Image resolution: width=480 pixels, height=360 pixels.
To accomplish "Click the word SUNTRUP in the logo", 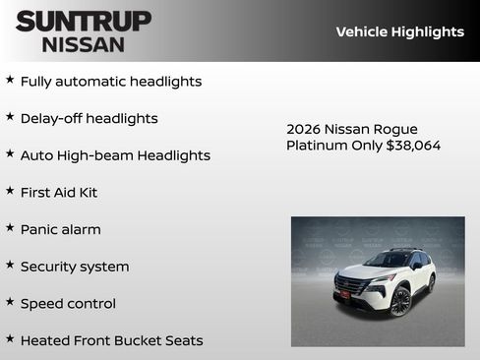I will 84,21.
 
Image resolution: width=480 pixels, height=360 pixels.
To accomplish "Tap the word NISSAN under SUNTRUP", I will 84,44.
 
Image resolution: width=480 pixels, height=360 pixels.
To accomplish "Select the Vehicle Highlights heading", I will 399,32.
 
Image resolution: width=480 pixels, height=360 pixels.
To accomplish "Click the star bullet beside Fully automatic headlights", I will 10,80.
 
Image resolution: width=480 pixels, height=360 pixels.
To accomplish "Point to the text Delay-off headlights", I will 89,119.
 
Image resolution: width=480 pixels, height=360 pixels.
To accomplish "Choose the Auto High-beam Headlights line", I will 115,155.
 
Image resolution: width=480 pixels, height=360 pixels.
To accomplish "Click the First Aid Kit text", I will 59,193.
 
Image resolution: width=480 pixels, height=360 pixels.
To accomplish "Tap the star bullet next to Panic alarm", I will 10,227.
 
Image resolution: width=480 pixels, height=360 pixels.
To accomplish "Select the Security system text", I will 75,267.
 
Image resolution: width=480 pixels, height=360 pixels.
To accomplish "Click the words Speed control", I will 68,304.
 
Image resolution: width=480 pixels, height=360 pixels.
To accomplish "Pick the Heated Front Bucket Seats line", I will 111,341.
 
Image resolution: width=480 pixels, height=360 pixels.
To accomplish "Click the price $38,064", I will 413,146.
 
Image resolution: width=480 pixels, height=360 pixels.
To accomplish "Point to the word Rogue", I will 396,130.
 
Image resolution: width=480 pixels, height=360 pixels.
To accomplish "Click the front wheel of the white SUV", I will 400,302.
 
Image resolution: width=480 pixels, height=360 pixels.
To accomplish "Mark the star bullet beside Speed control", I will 10,302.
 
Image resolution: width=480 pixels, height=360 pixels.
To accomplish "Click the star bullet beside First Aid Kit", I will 10,190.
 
